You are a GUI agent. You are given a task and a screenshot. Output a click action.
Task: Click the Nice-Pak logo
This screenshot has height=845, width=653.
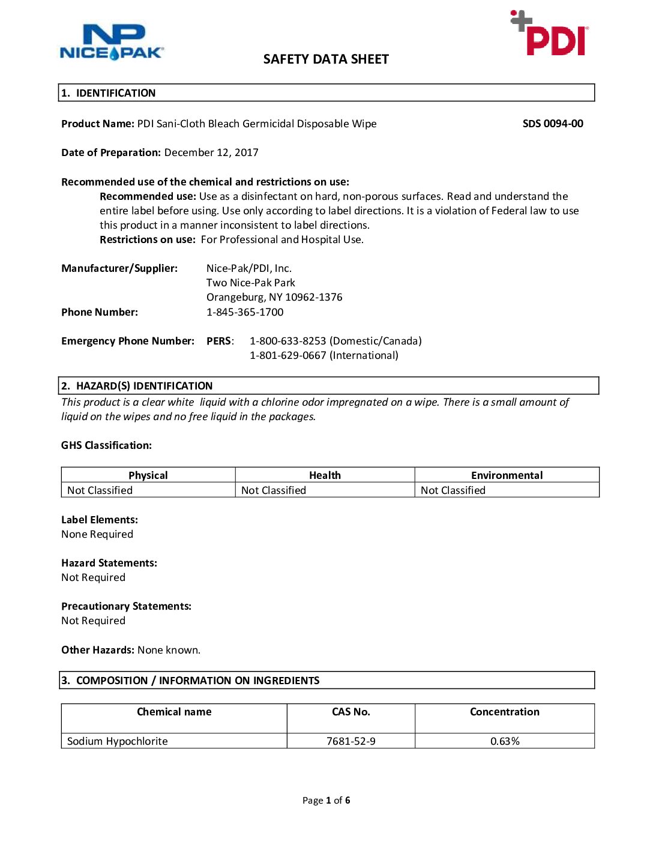point(112,42)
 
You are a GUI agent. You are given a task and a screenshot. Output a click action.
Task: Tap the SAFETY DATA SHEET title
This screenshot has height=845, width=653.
point(326,59)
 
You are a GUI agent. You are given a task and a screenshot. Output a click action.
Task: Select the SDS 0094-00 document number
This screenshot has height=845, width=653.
point(553,124)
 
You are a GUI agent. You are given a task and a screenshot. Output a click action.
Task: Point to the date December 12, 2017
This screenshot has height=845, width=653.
point(211,152)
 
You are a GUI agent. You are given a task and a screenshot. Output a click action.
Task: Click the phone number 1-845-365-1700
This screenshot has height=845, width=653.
point(245,312)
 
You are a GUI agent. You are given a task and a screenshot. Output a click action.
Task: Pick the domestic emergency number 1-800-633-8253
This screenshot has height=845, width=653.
point(288,341)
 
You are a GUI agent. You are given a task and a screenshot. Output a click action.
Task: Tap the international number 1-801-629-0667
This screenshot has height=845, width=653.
point(288,355)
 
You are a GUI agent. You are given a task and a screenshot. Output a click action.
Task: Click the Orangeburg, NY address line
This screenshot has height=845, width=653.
point(274,297)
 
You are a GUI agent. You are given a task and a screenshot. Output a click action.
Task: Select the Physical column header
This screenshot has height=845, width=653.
point(148,475)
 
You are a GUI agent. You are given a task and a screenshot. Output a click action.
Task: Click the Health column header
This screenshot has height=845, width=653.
point(325,475)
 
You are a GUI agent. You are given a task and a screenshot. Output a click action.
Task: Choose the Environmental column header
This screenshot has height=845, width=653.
point(507,475)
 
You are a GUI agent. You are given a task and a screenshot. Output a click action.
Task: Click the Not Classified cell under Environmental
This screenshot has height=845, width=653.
point(453,490)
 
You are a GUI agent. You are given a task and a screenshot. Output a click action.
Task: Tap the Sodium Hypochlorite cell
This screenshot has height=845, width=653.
point(118,741)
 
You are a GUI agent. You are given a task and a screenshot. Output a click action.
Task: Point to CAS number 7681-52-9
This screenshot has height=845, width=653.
point(351,741)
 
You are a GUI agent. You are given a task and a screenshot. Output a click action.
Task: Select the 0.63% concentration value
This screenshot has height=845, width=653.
point(505,741)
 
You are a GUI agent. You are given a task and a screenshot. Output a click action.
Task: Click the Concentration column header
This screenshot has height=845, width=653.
point(505,712)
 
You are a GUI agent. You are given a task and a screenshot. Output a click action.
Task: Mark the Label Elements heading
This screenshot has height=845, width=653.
point(100,520)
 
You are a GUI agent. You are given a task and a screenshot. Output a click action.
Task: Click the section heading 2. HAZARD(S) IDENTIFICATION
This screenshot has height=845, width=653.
point(144,386)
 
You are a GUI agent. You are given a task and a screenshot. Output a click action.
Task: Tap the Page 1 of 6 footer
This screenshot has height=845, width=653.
point(326,800)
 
